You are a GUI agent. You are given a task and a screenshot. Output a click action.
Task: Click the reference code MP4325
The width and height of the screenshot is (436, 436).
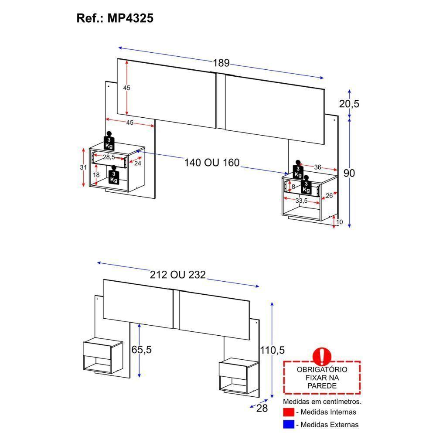129,19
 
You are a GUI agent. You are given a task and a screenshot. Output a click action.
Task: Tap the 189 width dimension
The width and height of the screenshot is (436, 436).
221,63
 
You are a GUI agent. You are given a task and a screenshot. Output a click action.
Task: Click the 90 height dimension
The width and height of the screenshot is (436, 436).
349,173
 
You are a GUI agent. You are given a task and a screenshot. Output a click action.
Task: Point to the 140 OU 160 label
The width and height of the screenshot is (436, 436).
212,163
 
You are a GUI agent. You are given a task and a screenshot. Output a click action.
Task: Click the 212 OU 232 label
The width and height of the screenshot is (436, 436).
177,275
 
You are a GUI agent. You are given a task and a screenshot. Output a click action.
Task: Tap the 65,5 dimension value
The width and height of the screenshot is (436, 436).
144,350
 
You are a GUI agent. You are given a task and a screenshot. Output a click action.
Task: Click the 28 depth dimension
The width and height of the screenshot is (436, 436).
261,408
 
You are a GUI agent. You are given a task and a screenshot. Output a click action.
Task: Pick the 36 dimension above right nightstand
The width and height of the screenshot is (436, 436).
317,167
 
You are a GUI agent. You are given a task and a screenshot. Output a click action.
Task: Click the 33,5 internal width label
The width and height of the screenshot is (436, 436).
302,201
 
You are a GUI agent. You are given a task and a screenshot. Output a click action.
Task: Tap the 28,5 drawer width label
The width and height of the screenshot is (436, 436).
109,157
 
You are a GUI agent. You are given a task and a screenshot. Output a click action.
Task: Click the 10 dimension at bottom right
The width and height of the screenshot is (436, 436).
340,222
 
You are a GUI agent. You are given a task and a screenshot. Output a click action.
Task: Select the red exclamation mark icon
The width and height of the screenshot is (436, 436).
322,356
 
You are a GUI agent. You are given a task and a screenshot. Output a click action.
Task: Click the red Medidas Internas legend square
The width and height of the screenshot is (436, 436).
288,412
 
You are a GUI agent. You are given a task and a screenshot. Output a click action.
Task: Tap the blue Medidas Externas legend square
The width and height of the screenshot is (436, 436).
288,424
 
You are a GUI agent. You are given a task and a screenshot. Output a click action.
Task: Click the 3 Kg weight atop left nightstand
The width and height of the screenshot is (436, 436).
109,140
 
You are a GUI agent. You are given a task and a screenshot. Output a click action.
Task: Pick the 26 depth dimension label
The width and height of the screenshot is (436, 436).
329,196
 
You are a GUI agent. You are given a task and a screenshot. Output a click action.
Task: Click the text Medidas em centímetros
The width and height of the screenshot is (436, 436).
322,401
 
